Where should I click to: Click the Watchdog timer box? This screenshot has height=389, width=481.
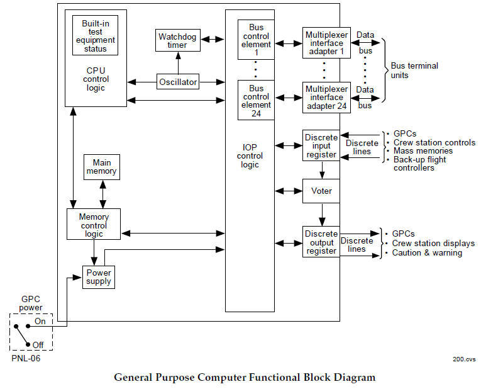[x=173, y=41]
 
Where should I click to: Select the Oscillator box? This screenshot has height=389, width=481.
[x=178, y=82]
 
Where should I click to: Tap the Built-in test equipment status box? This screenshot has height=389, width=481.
[x=95, y=36]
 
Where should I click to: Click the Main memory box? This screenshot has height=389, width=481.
[x=101, y=166]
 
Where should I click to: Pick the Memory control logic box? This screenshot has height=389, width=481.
[x=94, y=225]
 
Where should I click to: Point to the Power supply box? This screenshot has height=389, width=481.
[x=99, y=277]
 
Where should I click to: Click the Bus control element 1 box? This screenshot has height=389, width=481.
[x=256, y=40]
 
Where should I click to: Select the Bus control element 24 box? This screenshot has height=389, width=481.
[x=256, y=101]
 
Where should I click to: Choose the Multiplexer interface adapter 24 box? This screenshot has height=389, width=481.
[x=326, y=98]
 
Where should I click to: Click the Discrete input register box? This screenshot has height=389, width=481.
[x=321, y=145]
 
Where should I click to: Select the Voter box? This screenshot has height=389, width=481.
[x=321, y=190]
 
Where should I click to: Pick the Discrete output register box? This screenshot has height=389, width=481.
[x=321, y=242]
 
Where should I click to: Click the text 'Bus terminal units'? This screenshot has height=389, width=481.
[x=414, y=70]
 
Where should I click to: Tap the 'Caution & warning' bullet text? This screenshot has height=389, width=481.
[x=427, y=253]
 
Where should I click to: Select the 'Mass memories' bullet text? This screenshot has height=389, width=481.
[x=423, y=151]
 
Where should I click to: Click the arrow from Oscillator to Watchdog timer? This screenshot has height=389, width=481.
[x=177, y=64]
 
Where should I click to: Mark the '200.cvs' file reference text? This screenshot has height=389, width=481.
[x=464, y=359]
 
